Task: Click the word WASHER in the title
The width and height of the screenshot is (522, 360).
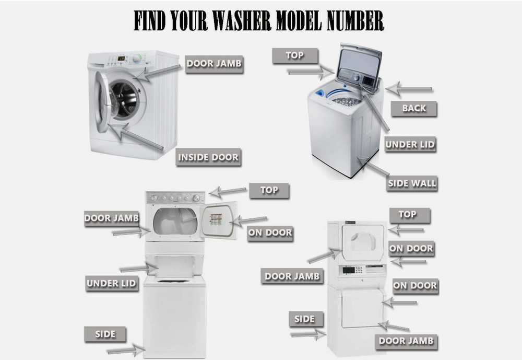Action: (x=242, y=21)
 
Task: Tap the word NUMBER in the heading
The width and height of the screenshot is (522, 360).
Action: (x=355, y=21)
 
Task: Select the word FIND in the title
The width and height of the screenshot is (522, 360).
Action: (x=150, y=21)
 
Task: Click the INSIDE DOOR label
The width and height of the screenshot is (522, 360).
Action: (x=208, y=157)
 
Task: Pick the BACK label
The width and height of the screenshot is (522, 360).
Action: (x=414, y=108)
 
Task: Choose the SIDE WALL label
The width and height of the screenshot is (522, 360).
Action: (x=412, y=183)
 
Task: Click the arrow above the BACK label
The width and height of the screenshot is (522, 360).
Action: (x=409, y=89)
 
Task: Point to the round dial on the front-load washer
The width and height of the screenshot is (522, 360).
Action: (x=136, y=59)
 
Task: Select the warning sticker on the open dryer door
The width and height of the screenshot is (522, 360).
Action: (x=216, y=220)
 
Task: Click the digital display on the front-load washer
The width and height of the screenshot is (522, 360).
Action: (x=121, y=59)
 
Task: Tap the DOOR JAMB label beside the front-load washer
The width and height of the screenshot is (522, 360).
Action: (x=214, y=64)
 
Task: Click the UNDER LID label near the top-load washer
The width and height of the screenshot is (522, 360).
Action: (x=410, y=145)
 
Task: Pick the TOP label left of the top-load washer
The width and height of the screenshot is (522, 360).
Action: (x=295, y=55)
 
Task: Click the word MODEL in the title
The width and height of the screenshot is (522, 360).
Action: (x=299, y=21)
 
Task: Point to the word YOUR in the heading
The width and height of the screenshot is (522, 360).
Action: (x=189, y=21)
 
